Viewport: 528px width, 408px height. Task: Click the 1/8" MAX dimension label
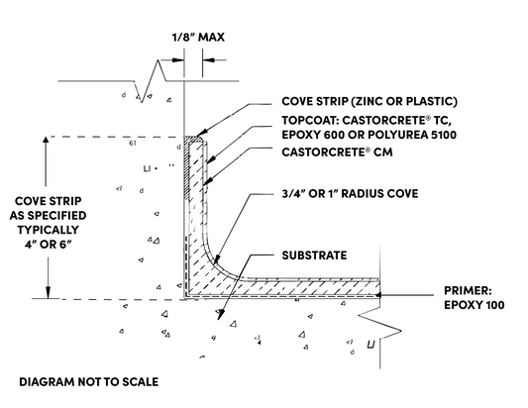(198, 37)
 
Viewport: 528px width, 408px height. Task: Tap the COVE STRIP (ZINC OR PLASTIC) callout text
(370, 101)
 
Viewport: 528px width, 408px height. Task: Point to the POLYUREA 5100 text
(412, 135)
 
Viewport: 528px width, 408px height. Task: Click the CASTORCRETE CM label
(337, 153)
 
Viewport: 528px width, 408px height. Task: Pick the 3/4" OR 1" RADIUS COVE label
(350, 193)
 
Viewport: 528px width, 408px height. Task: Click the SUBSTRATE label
(314, 255)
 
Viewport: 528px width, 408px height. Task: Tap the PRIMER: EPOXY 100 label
(474, 298)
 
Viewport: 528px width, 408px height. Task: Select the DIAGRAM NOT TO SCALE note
(88, 381)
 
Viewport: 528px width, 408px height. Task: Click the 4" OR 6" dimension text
(49, 245)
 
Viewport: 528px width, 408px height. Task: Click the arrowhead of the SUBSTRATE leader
(220, 314)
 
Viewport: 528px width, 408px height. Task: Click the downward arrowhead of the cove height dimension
(49, 293)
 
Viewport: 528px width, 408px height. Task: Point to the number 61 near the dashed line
(133, 143)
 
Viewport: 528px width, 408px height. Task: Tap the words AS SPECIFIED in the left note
(48, 216)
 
